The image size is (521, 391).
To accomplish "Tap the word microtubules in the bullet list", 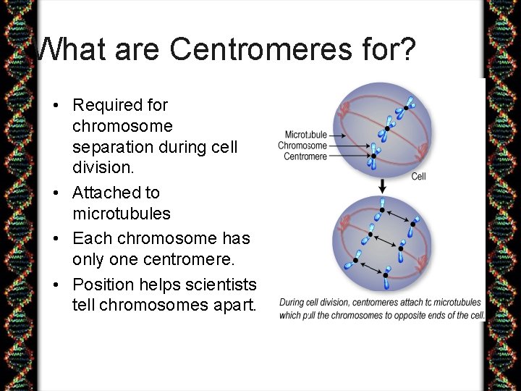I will [122, 214].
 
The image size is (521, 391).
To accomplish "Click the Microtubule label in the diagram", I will [305, 135].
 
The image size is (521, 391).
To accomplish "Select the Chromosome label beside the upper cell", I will [302, 146].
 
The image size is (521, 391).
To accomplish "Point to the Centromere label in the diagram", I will [305, 156].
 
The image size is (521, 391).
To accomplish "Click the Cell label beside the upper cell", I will [419, 176].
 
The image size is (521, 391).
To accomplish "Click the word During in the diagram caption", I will [292, 303].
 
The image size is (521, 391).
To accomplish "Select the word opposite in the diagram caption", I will [418, 315].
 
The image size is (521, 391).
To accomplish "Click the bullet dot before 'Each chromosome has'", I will [56, 238].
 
